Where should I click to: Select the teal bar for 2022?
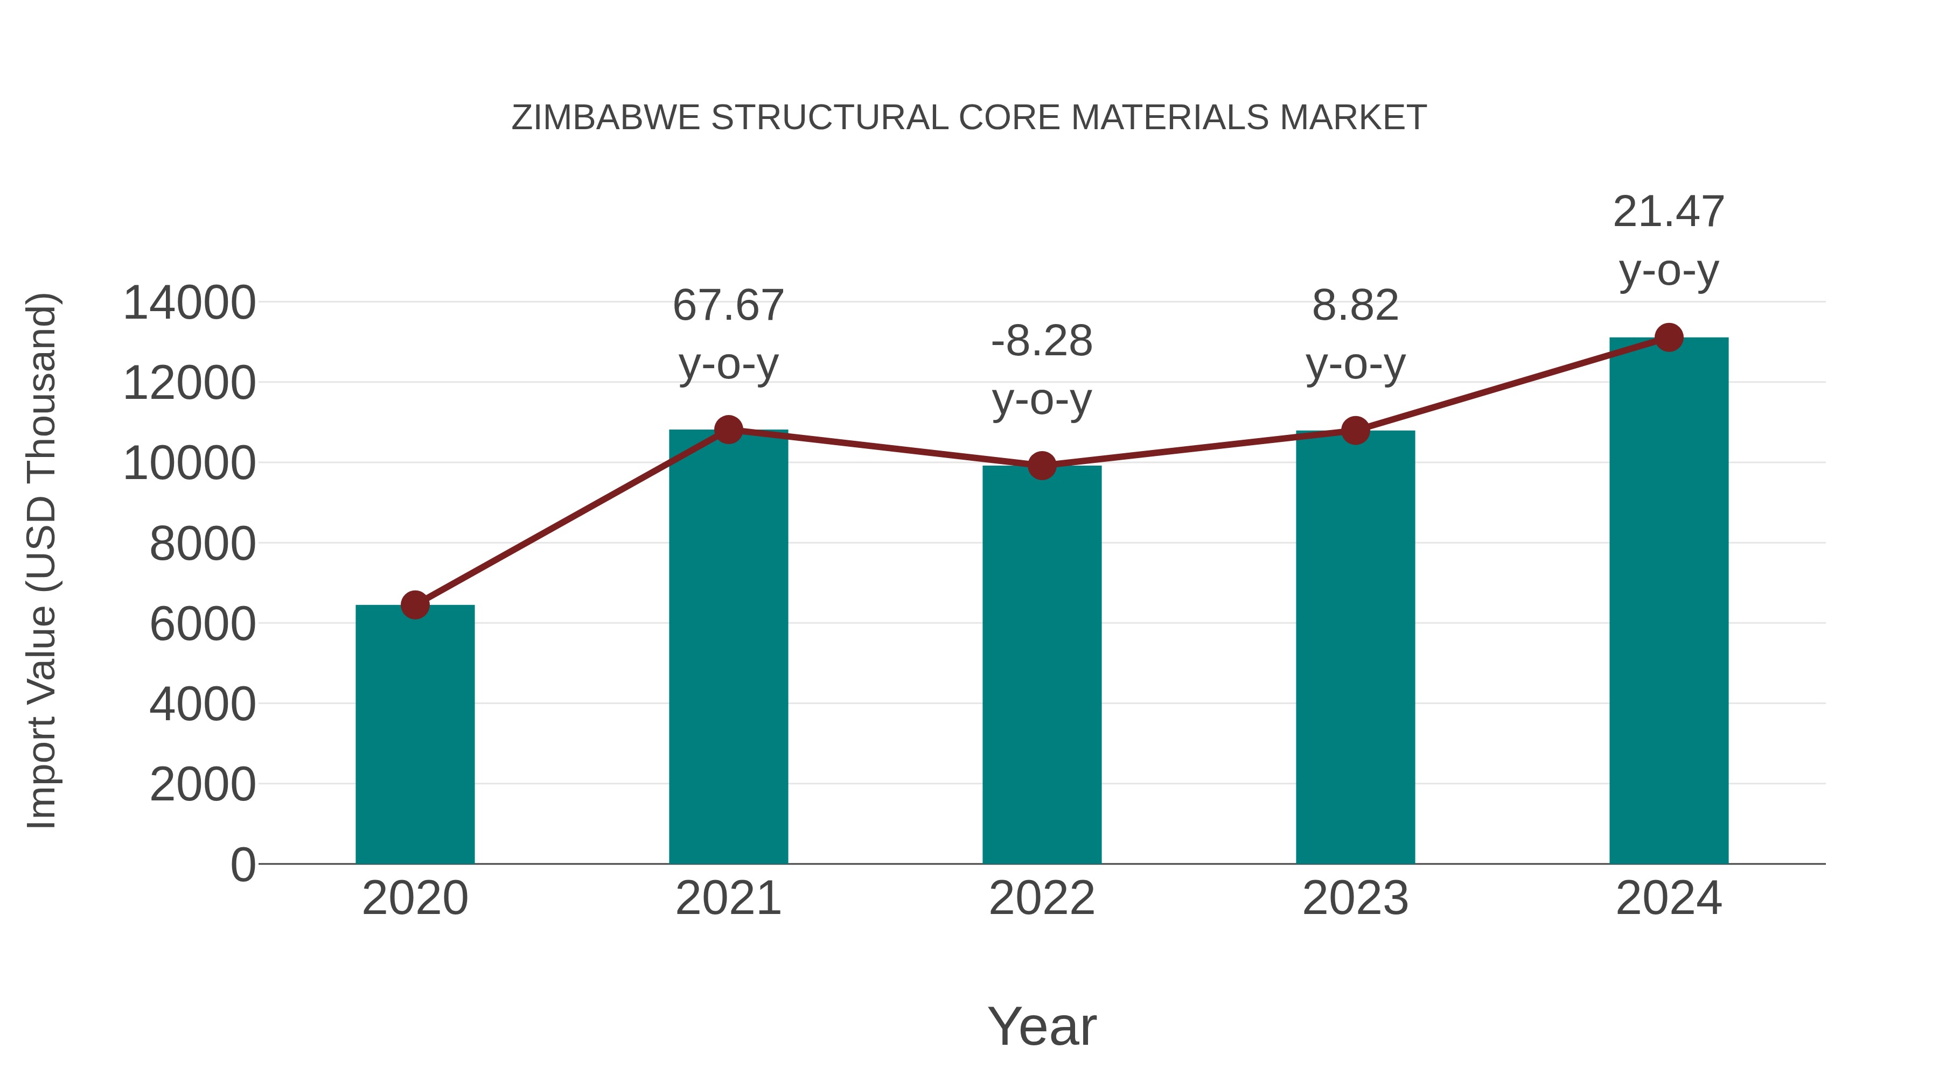[1042, 664]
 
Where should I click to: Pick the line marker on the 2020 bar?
[415, 605]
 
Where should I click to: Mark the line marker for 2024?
[1669, 337]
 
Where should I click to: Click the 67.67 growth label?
[728, 306]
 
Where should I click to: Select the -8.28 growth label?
[1042, 341]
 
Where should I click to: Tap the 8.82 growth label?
[1355, 306]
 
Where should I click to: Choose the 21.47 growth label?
[1668, 212]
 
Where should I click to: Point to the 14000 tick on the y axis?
[189, 303]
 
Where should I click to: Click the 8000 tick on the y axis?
[203, 544]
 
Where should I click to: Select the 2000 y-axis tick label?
[203, 785]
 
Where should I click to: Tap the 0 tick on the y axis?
[242, 865]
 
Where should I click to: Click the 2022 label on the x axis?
[1042, 898]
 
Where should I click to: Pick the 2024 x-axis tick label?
[1669, 898]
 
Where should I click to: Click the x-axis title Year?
[1042, 1026]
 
